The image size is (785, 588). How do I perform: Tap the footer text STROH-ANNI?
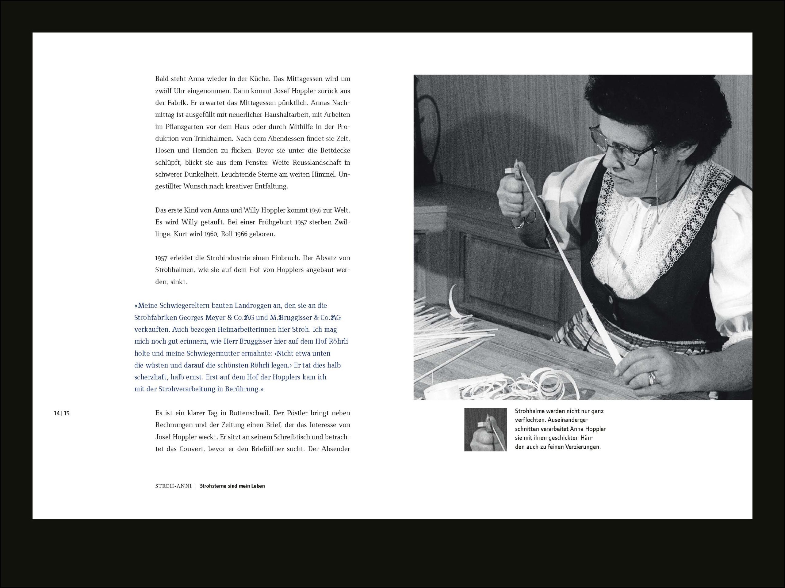173,486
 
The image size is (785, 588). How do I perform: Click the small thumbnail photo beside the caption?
485,430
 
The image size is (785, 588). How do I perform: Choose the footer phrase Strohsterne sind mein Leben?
232,486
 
